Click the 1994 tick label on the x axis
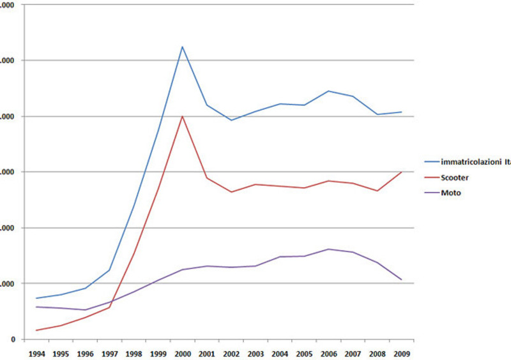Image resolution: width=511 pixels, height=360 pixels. [36, 352]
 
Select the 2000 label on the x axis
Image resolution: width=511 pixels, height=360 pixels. [183, 352]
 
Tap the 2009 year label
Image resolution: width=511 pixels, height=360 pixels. [402, 352]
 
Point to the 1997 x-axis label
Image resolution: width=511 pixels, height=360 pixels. [109, 352]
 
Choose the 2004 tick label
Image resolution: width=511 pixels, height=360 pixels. [280, 352]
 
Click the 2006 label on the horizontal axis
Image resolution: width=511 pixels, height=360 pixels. [328, 352]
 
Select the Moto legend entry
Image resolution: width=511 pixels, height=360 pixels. [448, 192]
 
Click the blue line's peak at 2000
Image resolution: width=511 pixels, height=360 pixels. [183, 47]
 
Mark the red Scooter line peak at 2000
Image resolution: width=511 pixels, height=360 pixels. [183, 116]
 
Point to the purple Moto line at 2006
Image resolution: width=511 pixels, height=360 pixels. [328, 249]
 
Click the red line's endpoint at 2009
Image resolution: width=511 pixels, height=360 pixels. [402, 172]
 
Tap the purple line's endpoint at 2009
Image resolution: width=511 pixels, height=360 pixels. [402, 280]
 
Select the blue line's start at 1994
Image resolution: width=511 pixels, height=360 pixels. [36, 298]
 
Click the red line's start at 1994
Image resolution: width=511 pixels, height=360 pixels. [36, 330]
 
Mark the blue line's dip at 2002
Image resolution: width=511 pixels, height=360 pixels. [231, 120]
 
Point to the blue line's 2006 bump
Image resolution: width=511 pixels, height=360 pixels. [328, 91]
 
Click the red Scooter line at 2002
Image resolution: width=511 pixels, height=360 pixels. [231, 191]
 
